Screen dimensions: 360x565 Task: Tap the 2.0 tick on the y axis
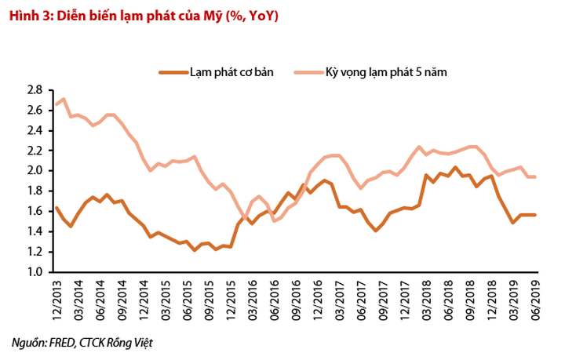click(x=34, y=171)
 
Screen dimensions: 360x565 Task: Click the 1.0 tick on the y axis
click(x=34, y=271)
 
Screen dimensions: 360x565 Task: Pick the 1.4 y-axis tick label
click(x=34, y=231)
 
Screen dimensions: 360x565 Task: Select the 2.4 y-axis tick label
click(x=34, y=130)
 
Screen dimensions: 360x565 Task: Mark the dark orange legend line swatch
click(x=172, y=71)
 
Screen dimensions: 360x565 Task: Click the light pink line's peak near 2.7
click(x=64, y=99)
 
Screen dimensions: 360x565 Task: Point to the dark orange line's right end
click(x=534, y=215)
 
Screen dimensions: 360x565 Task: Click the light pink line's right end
click(x=534, y=176)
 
